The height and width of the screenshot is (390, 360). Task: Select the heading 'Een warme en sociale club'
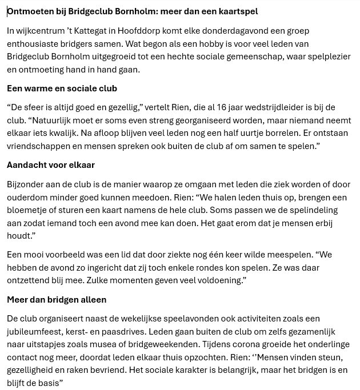tap(62, 89)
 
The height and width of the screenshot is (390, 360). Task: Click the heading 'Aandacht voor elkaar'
tap(51, 165)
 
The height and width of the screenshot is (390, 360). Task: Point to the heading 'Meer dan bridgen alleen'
tap(57, 299)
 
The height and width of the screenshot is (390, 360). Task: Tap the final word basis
tap(48, 383)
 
